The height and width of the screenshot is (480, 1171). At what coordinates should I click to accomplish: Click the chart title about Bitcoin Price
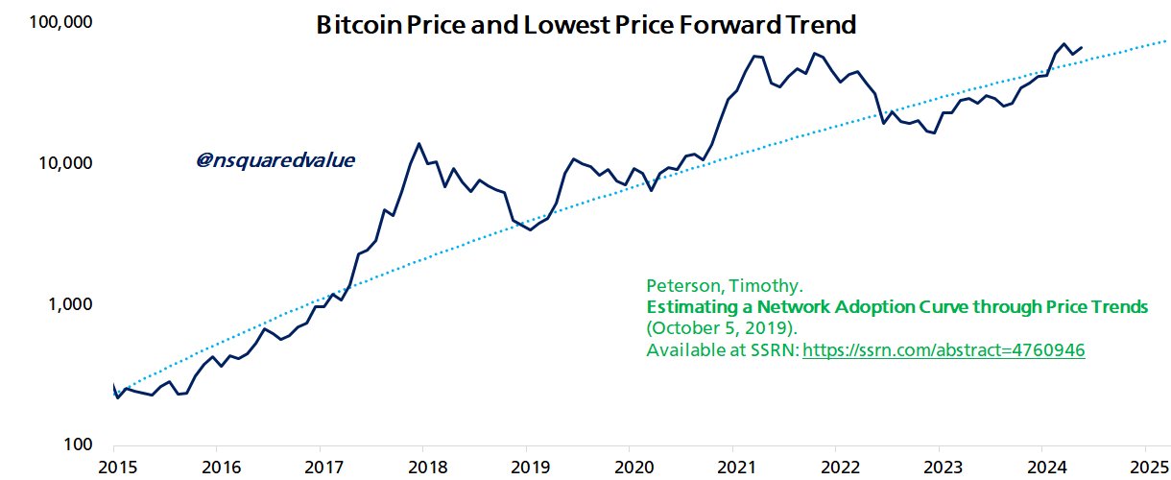coord(585,26)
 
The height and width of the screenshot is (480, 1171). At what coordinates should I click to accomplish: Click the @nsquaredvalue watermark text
coord(275,160)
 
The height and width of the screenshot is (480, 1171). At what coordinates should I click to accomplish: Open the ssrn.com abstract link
coord(944,350)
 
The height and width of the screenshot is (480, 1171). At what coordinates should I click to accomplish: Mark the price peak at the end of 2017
coord(418,144)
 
